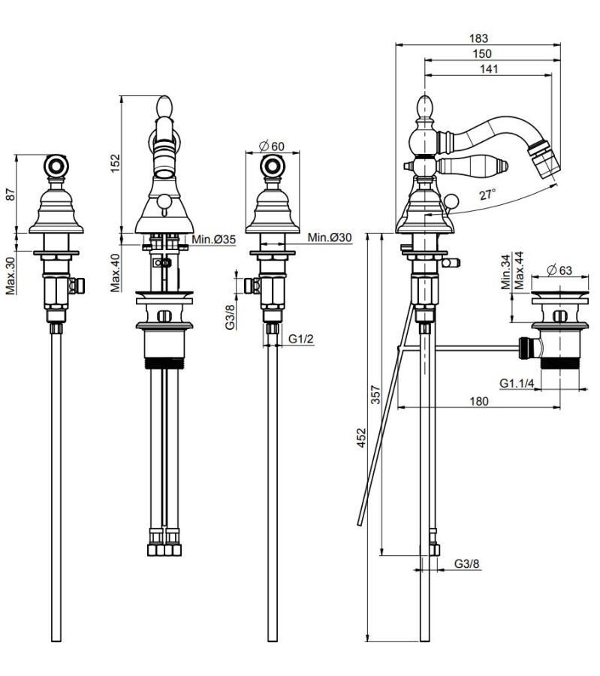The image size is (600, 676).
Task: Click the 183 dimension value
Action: (x=479, y=38)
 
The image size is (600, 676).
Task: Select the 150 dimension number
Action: (x=483, y=54)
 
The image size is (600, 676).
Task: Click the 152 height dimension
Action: (x=115, y=162)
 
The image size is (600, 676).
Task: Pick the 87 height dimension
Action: (x=11, y=193)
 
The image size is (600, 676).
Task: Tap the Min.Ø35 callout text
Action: (x=213, y=240)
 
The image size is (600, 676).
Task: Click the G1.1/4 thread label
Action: (x=517, y=383)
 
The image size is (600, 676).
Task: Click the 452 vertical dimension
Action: (x=360, y=437)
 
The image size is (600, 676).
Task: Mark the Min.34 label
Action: (x=505, y=271)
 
